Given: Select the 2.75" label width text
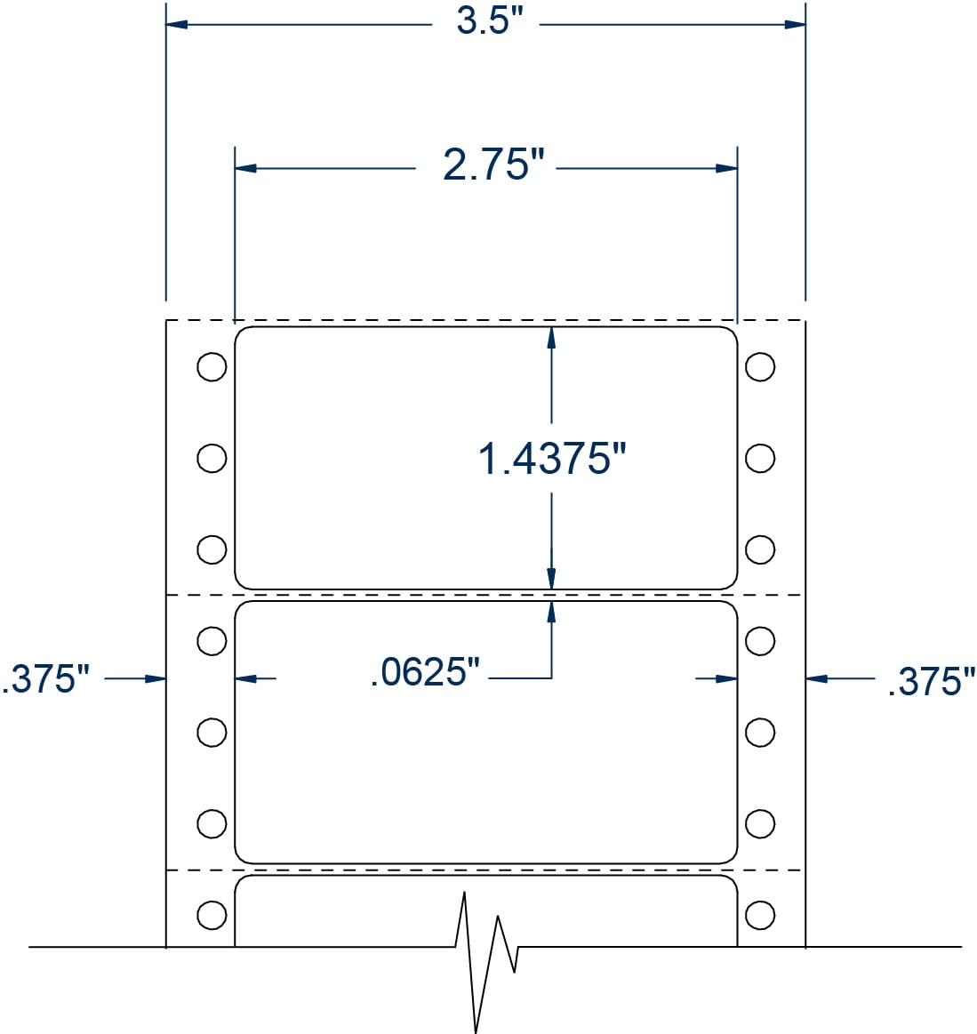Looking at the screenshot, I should (x=493, y=165).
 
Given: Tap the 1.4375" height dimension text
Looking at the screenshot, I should (x=552, y=459).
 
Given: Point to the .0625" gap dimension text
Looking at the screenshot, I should (x=424, y=673).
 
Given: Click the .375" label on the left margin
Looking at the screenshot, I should (x=46, y=679).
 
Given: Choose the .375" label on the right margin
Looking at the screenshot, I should (x=931, y=682).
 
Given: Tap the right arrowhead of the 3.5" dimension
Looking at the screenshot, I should (x=795, y=24).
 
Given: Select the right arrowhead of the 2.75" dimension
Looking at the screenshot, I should (x=727, y=168).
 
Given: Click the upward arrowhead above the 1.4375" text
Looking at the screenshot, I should (x=551, y=337).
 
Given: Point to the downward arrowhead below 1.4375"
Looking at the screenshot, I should (x=551, y=578).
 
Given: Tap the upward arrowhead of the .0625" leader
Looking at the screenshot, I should (x=551, y=611).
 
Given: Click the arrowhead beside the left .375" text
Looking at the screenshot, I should (x=156, y=679).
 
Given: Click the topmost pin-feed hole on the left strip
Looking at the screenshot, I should (x=211, y=366).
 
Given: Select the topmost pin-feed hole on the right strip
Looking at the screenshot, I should (x=759, y=366).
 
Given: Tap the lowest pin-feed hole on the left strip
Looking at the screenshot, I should (x=211, y=914).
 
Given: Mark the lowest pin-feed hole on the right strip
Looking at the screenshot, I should (x=759, y=914).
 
